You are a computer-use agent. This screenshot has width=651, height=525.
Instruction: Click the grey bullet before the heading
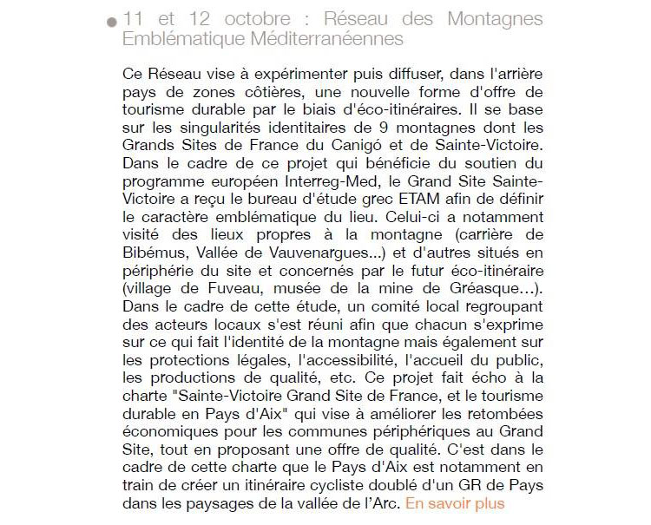111,23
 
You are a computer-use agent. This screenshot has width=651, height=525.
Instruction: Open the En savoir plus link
455,502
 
